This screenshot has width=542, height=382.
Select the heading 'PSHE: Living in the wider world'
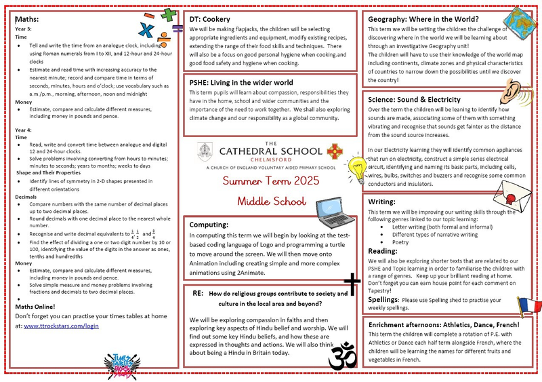pos(241,83)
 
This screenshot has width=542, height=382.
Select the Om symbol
pos(342,355)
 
